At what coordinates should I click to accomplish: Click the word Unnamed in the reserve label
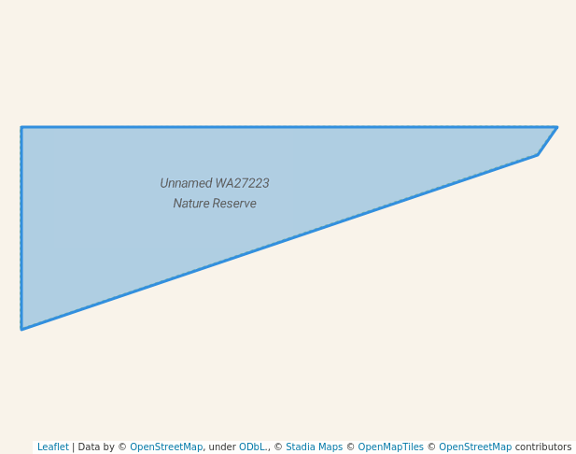(187, 183)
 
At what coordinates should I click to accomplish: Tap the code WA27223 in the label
(243, 183)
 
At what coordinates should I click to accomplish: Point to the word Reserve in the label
(234, 204)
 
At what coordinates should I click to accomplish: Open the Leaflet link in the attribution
(53, 447)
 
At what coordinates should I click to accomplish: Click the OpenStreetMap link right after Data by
(166, 447)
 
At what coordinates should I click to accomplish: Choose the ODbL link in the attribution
(253, 447)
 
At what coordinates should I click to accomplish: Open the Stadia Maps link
(314, 447)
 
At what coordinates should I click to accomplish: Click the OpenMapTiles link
(390, 447)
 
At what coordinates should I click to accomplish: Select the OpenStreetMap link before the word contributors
(475, 447)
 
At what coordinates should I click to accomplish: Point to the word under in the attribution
(222, 447)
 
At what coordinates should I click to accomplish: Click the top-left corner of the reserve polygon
(21, 127)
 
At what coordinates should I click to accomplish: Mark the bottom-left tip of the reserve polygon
(21, 330)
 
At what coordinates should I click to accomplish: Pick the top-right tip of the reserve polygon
(557, 127)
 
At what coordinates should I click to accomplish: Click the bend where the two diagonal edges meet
(538, 155)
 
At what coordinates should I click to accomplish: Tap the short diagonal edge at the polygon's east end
(547, 141)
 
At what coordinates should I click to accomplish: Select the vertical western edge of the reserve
(21, 228)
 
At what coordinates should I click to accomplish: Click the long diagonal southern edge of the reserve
(279, 242)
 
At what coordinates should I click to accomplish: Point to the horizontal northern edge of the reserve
(289, 127)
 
